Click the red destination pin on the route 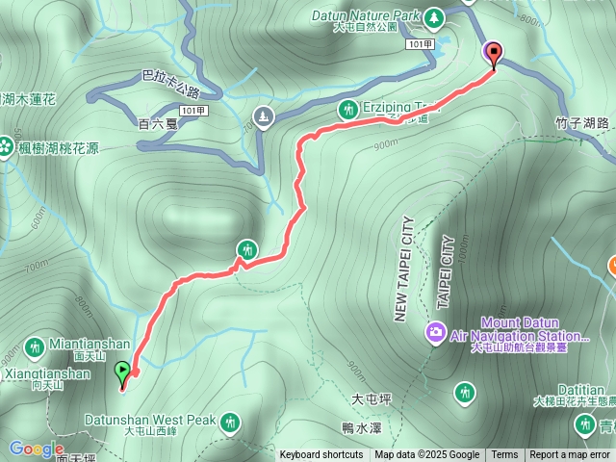(495, 54)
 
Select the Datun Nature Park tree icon (434, 16)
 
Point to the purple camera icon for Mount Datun (436, 333)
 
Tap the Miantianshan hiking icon (35, 346)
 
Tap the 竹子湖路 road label (583, 122)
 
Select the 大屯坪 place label (371, 397)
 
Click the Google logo (36, 449)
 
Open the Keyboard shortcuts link (321, 455)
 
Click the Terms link (504, 455)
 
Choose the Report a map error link (570, 455)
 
